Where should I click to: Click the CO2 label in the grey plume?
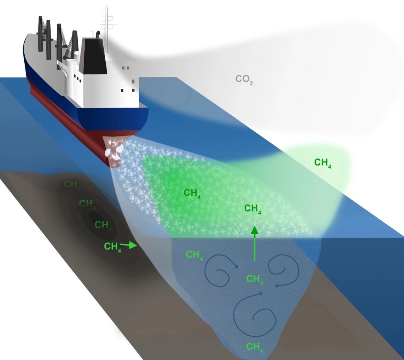[x=244, y=80]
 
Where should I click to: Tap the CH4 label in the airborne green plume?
[x=322, y=163]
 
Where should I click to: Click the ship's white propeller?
[x=113, y=151]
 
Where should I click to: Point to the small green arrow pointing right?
[x=129, y=244]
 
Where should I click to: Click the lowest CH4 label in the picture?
[x=255, y=347]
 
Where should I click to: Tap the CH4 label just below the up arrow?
[x=255, y=279]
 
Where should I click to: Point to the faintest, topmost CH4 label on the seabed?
[x=72, y=185]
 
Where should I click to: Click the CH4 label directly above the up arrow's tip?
[x=252, y=208]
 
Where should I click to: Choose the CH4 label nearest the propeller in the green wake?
[x=192, y=193]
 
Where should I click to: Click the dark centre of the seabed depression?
[x=96, y=218]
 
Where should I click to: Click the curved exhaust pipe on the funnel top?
[x=98, y=34]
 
